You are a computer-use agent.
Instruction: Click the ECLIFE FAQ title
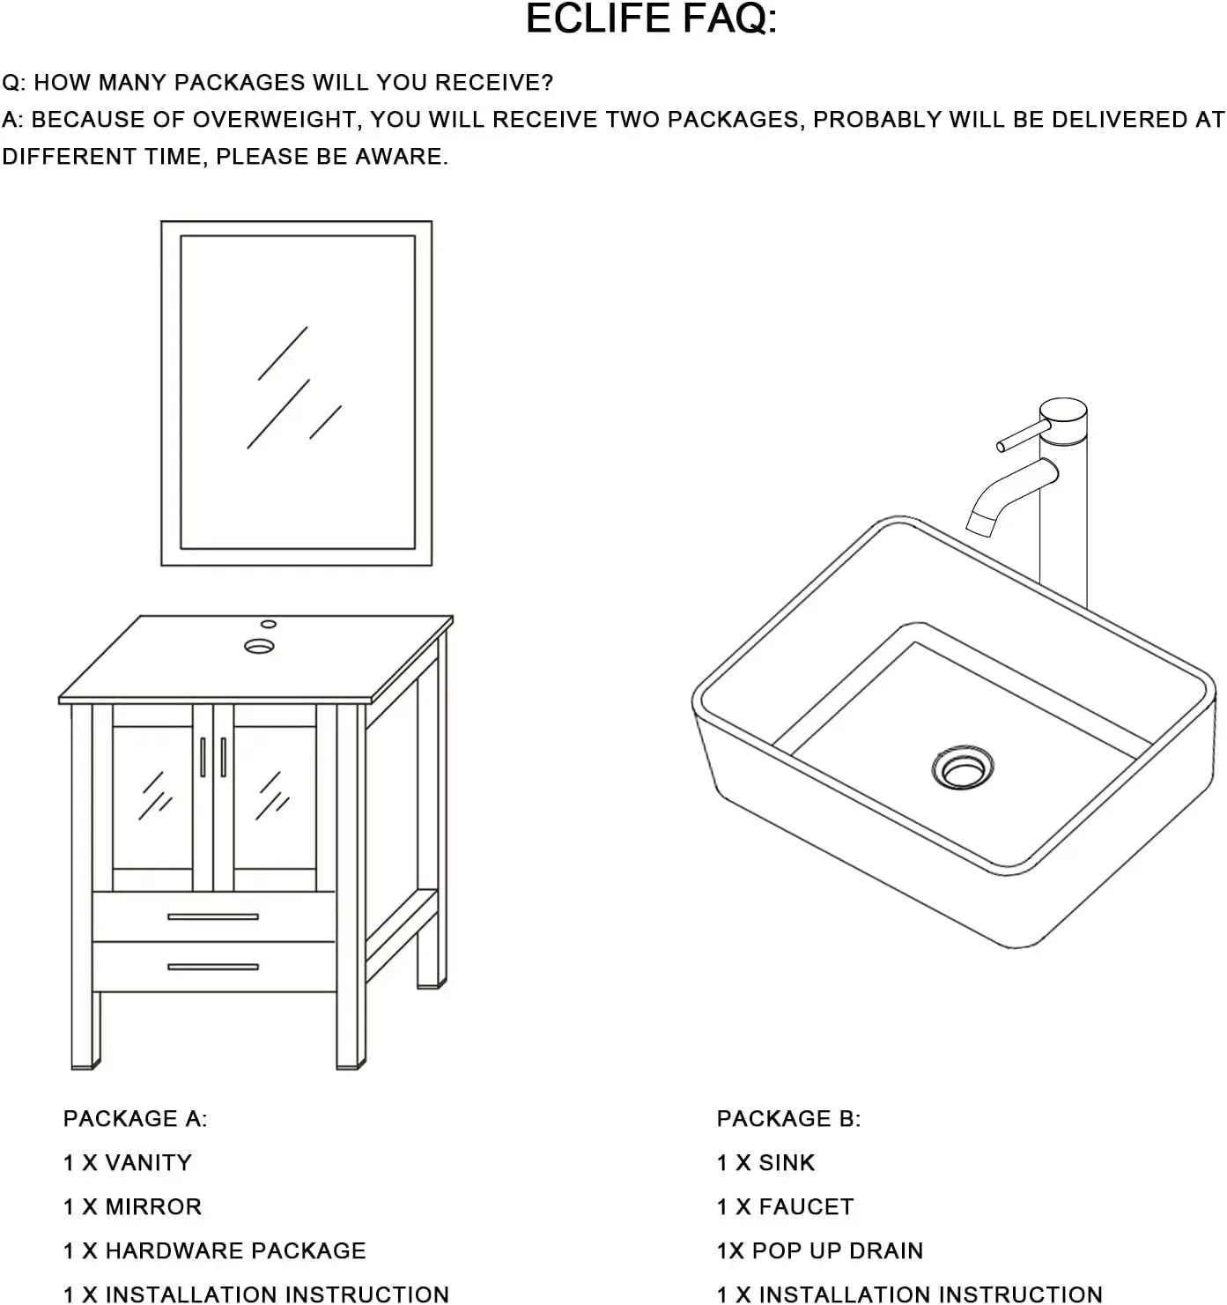(651, 19)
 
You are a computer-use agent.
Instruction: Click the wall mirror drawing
(297, 393)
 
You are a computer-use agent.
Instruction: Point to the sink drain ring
(962, 767)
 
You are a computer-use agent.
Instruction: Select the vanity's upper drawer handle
(213, 916)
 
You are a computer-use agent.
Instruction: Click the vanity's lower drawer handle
(213, 967)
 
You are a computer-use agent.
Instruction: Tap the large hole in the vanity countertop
(259, 646)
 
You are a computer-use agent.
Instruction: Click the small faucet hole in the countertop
(269, 624)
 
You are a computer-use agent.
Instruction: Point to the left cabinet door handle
(203, 757)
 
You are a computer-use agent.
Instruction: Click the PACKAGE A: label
(135, 1119)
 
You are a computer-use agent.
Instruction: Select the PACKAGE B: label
(788, 1119)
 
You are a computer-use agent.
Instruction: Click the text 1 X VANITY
(127, 1163)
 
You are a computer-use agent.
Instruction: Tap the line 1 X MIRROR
(132, 1207)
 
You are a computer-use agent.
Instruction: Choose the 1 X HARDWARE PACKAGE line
(214, 1251)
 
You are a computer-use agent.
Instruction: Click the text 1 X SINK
(765, 1163)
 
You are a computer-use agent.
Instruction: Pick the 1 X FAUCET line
(785, 1207)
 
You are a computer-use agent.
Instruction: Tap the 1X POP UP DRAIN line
(819, 1251)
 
